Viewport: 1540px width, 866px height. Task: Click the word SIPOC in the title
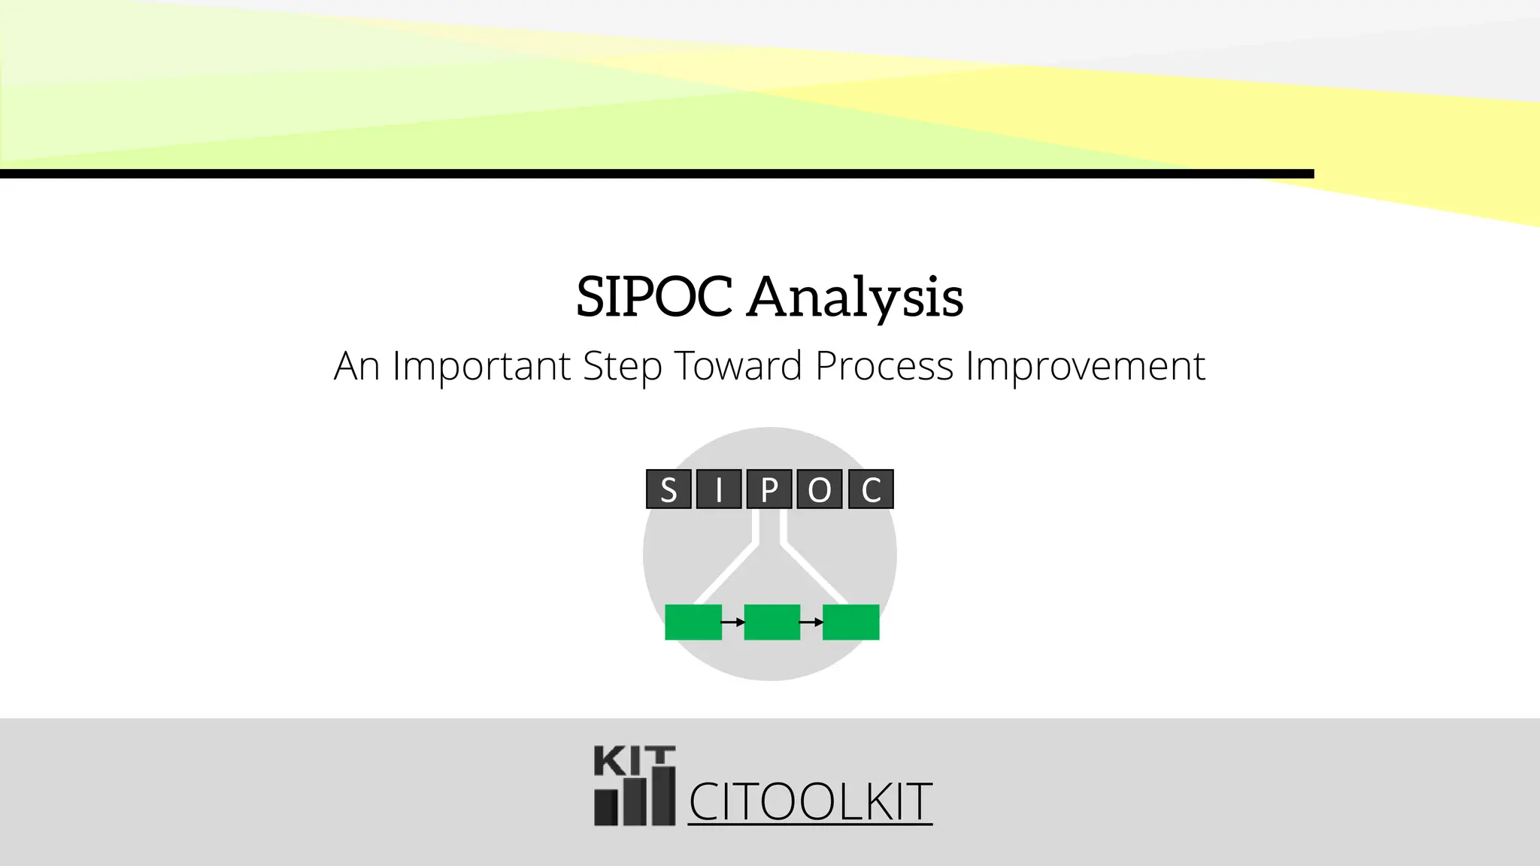click(653, 296)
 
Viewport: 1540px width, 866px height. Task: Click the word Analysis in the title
click(855, 298)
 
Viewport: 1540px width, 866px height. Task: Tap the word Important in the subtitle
click(481, 366)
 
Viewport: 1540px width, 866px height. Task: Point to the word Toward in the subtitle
click(738, 366)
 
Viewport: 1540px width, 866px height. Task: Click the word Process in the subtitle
click(884, 366)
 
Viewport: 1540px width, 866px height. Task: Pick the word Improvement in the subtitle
click(1085, 366)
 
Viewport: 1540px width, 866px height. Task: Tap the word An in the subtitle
click(356, 366)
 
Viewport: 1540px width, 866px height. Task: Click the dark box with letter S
click(668, 489)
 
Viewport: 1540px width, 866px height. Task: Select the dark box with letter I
click(719, 489)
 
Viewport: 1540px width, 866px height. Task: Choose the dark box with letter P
click(769, 489)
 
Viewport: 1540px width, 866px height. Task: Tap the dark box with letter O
click(820, 489)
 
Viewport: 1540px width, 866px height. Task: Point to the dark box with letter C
click(871, 489)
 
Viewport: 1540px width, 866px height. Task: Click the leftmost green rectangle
click(693, 622)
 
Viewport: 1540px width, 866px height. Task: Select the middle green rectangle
click(772, 622)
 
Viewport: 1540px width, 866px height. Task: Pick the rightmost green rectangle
click(851, 622)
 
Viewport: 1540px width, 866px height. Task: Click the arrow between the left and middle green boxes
click(733, 622)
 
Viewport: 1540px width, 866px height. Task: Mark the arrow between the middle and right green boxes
click(811, 622)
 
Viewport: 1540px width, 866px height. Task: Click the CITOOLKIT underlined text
click(810, 802)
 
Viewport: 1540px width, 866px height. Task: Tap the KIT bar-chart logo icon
click(635, 786)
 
